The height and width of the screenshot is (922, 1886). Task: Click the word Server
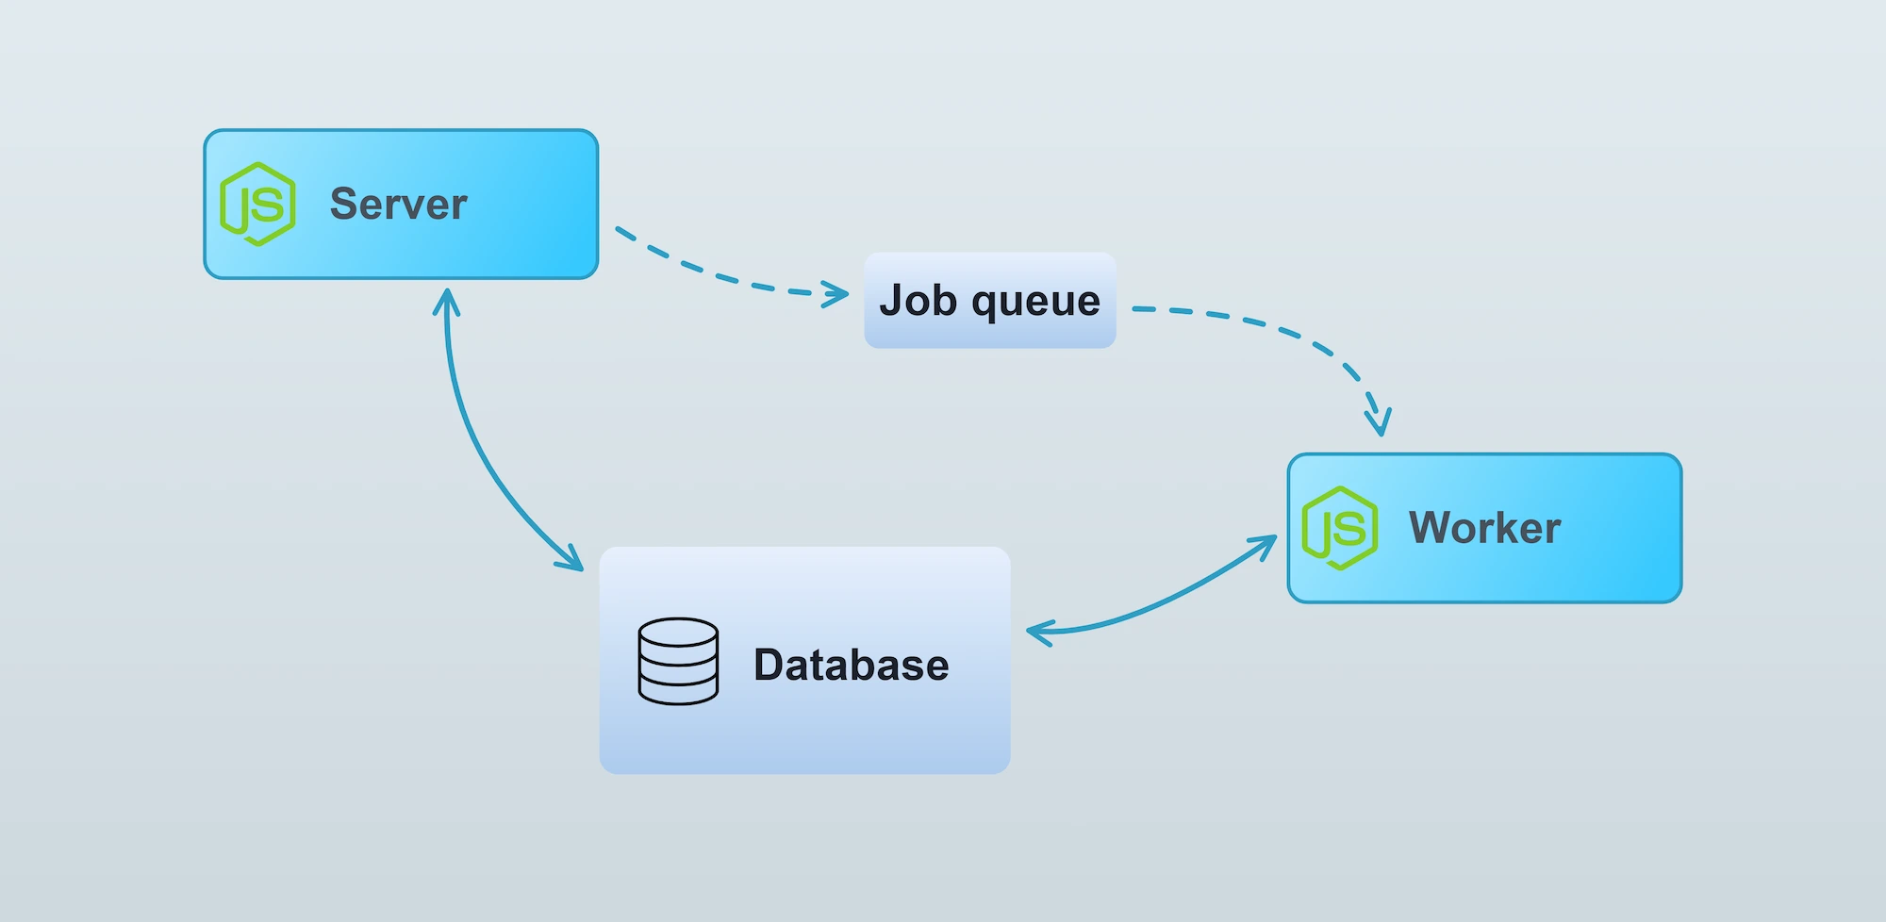coord(398,205)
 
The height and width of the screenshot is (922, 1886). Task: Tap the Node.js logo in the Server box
coord(257,205)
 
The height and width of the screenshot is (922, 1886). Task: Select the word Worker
coord(1484,528)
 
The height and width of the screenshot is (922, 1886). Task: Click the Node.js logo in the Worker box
coord(1339,528)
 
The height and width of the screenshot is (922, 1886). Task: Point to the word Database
coord(851,666)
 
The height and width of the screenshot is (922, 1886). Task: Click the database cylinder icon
coord(678,662)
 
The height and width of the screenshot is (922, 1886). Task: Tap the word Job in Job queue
coord(918,301)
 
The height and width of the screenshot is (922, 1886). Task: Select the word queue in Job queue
coord(1035,303)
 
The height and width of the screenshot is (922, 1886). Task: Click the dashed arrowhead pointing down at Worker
coord(1379,420)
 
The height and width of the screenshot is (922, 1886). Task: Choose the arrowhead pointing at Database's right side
coord(1037,632)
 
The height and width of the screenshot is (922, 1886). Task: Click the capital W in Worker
coord(1430,528)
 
